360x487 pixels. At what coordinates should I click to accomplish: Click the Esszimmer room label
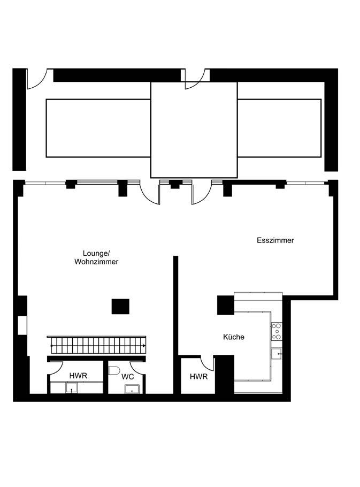(275, 240)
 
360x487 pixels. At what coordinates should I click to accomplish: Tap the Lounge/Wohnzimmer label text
(96, 257)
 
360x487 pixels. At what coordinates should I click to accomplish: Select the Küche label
(234, 337)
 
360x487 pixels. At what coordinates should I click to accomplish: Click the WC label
(127, 377)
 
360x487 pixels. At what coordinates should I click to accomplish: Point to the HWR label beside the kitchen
(198, 377)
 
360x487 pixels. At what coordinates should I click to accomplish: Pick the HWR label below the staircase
(78, 376)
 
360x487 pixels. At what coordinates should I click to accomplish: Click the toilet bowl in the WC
(114, 370)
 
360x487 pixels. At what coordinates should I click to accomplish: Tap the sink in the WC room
(131, 389)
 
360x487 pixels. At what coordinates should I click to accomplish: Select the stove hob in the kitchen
(277, 331)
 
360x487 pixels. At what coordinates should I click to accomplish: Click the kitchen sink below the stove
(277, 354)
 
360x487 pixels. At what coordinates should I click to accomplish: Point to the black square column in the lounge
(120, 306)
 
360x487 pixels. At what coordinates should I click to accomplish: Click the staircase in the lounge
(96, 345)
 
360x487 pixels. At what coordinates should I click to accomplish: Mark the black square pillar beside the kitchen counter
(225, 305)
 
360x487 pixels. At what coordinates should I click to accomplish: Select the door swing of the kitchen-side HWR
(208, 363)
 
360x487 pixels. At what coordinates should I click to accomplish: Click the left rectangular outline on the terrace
(98, 128)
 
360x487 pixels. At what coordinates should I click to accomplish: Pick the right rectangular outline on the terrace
(279, 128)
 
